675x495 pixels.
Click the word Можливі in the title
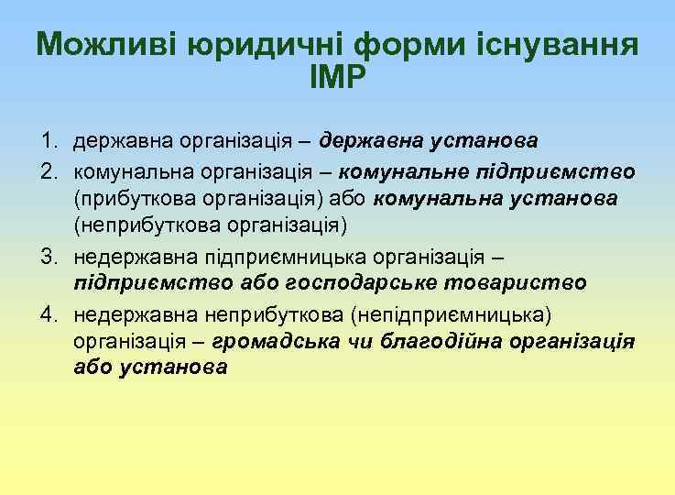click(x=103, y=45)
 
